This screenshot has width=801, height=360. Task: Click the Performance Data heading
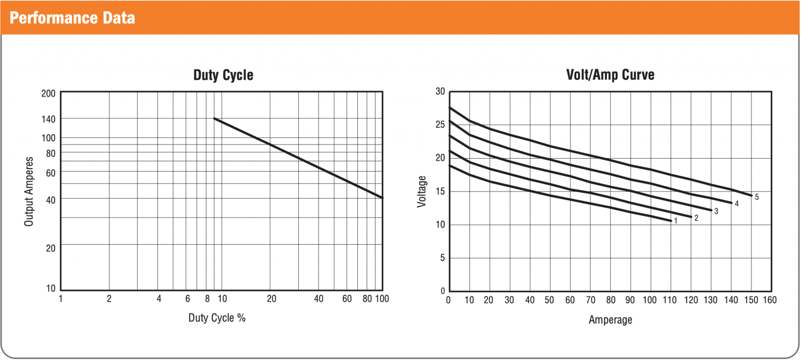click(72, 18)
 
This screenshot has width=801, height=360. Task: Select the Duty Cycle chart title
click(223, 75)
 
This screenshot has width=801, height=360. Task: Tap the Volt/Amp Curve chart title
click(610, 75)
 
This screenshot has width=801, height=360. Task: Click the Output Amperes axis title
click(29, 191)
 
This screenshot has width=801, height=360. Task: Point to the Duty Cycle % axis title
click(217, 318)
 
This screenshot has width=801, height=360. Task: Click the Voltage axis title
click(422, 191)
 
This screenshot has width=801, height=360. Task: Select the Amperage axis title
click(610, 319)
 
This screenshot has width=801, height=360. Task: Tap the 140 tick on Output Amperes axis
click(49, 119)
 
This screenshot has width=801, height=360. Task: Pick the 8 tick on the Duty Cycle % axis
click(207, 299)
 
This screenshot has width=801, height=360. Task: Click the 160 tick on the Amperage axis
click(770, 300)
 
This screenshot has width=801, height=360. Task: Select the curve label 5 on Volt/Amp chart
click(757, 197)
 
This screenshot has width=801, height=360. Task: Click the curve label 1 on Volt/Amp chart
click(675, 221)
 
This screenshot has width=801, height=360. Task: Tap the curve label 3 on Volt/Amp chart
click(716, 211)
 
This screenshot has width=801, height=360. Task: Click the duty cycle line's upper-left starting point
click(214, 119)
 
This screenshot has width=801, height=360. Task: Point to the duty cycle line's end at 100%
click(382, 198)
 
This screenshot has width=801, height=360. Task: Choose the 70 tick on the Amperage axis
click(590, 300)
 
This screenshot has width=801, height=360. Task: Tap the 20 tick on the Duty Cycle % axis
click(271, 299)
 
